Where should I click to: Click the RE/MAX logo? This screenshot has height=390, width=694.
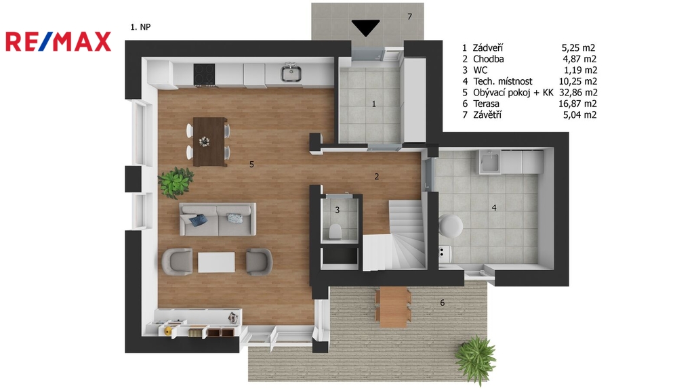(x=58, y=42)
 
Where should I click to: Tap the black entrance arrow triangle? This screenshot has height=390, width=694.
(x=365, y=28)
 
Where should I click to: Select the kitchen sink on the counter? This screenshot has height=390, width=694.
(x=291, y=73)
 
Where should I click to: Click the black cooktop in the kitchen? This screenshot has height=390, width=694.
(x=205, y=74)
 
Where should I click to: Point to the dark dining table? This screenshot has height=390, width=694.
(x=210, y=142)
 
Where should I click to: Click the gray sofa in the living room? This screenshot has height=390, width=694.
(x=218, y=219)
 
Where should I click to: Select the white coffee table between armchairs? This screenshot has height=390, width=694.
(x=216, y=262)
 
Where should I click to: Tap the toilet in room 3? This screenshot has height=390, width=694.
(x=335, y=232)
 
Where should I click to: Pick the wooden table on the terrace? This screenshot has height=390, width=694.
(x=393, y=307)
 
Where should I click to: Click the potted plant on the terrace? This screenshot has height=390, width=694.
(x=476, y=359)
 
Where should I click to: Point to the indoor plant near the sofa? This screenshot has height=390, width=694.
(x=176, y=181)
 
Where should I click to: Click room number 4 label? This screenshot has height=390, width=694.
(x=494, y=207)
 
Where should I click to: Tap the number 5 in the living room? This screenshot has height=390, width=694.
(x=251, y=165)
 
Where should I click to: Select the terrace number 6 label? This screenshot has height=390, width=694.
(x=442, y=303)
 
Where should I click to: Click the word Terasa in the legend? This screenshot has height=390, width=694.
(x=486, y=104)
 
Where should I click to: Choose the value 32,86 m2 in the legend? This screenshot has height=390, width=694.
(x=578, y=92)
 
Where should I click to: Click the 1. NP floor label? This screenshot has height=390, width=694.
(x=140, y=27)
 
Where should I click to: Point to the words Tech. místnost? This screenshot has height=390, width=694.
(x=503, y=81)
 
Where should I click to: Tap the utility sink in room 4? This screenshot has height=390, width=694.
(x=489, y=162)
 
